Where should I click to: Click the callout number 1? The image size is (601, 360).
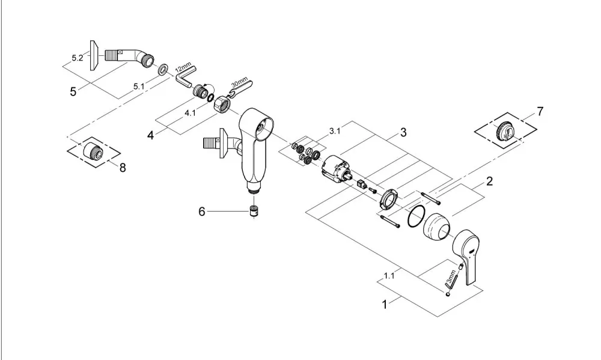(x=385, y=305)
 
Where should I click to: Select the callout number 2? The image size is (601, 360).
(x=489, y=181)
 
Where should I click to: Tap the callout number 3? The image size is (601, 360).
(x=403, y=133)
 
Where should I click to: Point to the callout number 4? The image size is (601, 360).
(x=151, y=135)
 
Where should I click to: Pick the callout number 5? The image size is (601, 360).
(x=73, y=91)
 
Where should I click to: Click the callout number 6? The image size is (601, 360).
(x=202, y=211)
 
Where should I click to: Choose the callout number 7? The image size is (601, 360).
(x=540, y=112)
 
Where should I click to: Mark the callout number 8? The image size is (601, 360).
(x=123, y=168)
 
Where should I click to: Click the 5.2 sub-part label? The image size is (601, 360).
(x=78, y=58)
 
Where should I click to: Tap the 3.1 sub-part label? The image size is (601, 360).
(x=335, y=131)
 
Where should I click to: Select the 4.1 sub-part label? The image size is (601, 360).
(x=190, y=113)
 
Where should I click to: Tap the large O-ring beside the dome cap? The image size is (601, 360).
(x=416, y=216)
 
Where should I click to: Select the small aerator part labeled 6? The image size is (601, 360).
(x=252, y=211)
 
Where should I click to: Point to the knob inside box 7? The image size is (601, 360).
(x=506, y=130)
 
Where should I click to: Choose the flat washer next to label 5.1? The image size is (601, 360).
(x=163, y=70)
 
